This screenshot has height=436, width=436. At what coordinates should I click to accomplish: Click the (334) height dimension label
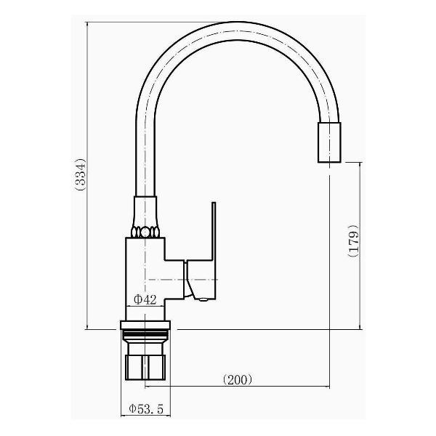coord(80,174)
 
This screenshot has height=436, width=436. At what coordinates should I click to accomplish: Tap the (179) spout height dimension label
coord(353,241)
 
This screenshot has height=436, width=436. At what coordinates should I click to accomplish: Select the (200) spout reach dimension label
coord(238,379)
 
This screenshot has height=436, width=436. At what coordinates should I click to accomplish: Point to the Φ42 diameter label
coord(145,299)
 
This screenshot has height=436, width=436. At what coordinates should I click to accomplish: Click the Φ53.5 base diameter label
coord(146,408)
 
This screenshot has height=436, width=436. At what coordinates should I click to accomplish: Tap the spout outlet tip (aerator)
coord(329,142)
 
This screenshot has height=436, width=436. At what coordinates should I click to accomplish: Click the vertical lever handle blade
coord(214,231)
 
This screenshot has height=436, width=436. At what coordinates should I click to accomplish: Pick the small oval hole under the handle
coord(203,299)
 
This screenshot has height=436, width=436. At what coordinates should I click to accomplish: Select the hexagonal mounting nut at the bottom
coord(145,367)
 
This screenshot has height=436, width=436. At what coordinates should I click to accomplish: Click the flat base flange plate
coord(145,325)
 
